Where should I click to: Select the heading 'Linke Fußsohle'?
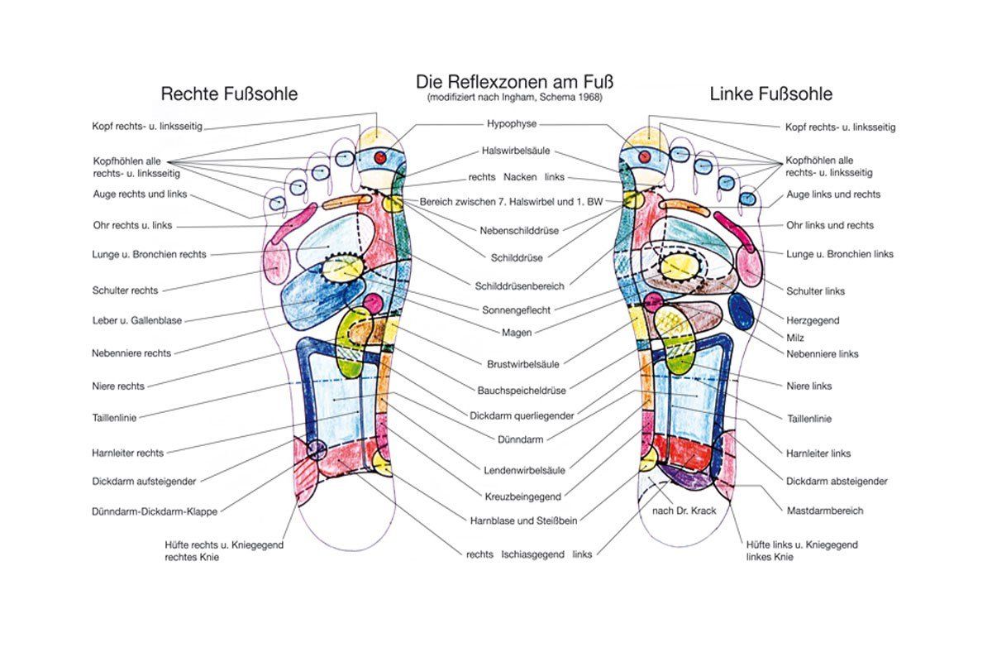(x=770, y=94)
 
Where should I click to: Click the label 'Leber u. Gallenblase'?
(x=137, y=320)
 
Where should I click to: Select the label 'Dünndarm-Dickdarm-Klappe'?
(x=155, y=511)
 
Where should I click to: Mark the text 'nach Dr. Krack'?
(x=683, y=511)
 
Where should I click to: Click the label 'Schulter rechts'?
(x=126, y=290)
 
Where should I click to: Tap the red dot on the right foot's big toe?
(x=381, y=156)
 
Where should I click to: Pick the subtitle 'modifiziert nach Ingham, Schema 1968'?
(x=515, y=98)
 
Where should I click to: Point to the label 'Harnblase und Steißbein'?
(x=523, y=520)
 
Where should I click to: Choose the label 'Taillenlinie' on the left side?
(x=115, y=418)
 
